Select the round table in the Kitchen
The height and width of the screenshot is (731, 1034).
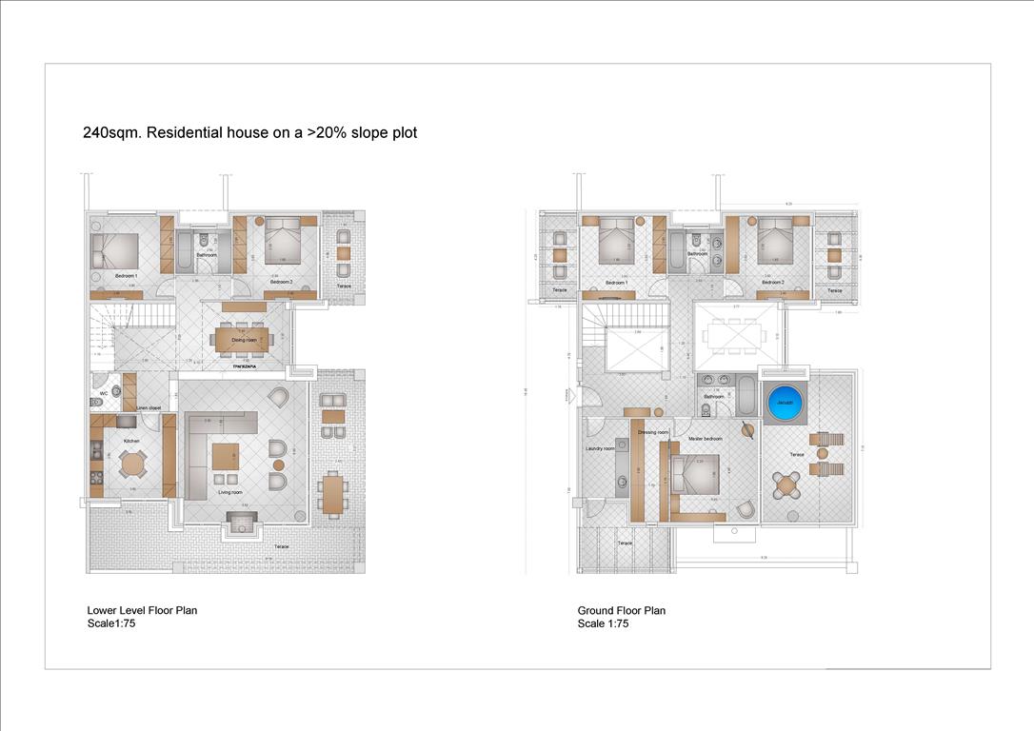click(x=133, y=464)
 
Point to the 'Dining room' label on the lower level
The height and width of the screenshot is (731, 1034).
click(x=245, y=340)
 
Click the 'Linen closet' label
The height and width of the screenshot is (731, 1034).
click(x=148, y=407)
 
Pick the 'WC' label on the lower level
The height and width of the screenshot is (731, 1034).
click(x=103, y=393)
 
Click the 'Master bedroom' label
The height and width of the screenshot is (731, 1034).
click(x=706, y=439)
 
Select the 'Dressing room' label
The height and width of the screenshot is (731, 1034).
click(x=652, y=432)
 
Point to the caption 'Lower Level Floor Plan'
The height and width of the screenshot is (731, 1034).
click(x=142, y=611)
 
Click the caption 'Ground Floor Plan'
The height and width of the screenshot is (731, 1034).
click(x=621, y=611)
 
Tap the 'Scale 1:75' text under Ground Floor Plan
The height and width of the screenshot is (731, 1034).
click(x=603, y=624)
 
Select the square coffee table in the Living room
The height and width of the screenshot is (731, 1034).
click(x=226, y=456)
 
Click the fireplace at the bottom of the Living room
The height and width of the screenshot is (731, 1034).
click(x=242, y=521)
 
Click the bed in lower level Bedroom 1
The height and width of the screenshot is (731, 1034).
click(x=115, y=251)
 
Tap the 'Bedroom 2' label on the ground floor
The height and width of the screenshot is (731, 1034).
click(x=772, y=283)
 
